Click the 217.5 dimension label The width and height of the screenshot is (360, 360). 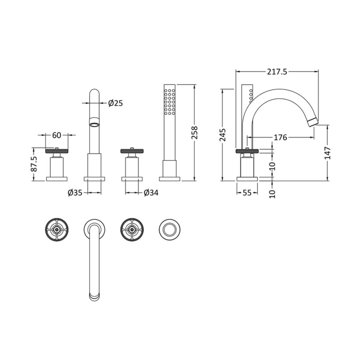point(277,72)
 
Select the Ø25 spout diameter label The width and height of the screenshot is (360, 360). point(116,103)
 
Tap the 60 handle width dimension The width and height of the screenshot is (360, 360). point(57,135)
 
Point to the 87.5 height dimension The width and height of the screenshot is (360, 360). point(34,164)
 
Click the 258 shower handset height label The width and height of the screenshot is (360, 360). point(194,133)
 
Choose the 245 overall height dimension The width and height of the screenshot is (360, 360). point(222,135)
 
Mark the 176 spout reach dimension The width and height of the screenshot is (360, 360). point(280,137)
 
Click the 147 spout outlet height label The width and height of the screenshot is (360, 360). point(328,153)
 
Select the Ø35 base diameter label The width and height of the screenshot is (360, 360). point(75,193)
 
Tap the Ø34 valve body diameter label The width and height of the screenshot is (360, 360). point(151,193)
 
